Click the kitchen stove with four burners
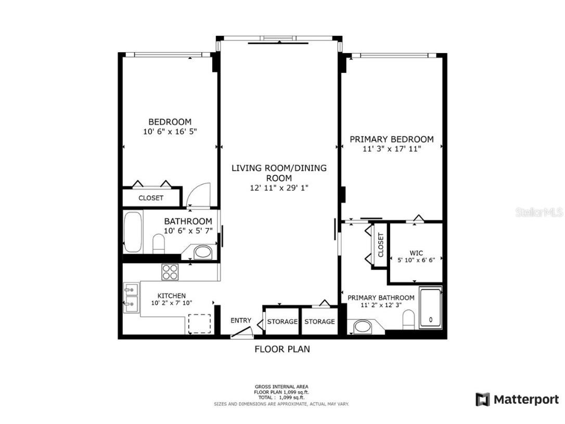(170, 271)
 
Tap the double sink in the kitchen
(131, 298)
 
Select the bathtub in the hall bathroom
(134, 232)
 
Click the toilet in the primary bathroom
(409, 319)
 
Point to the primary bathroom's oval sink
(362, 327)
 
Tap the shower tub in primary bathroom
(430, 307)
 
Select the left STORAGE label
(282, 321)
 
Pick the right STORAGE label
(319, 321)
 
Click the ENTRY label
(241, 320)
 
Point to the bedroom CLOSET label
(151, 198)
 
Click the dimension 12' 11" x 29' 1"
(280, 188)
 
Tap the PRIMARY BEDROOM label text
(391, 139)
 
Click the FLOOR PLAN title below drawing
(282, 349)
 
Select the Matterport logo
(517, 400)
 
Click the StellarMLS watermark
(538, 212)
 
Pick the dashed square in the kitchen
(199, 323)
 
